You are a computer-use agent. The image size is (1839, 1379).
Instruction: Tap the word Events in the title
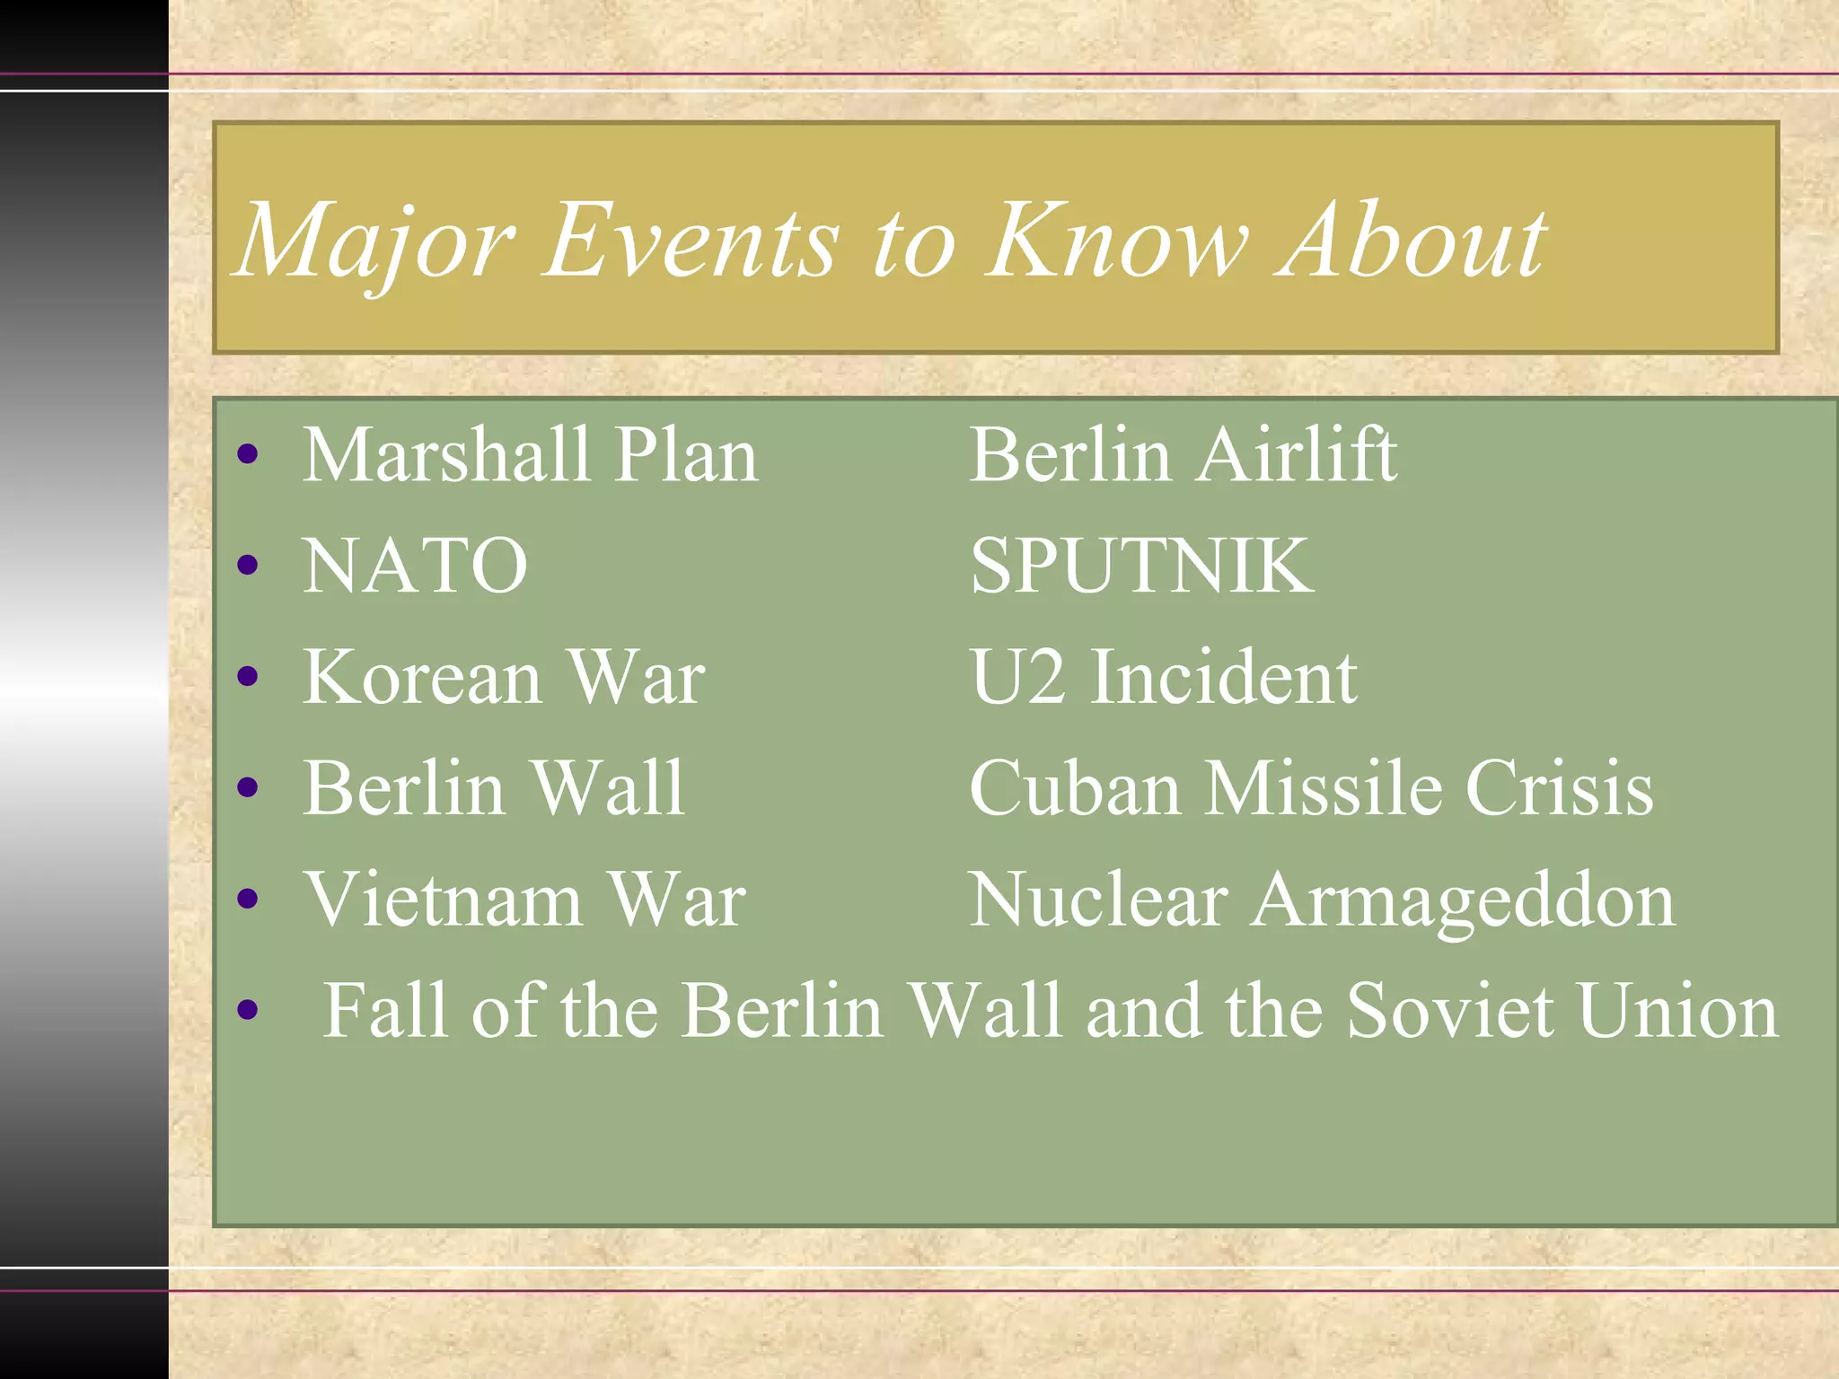pyautogui.click(x=691, y=241)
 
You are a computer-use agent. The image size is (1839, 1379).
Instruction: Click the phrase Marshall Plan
pyautogui.click(x=530, y=455)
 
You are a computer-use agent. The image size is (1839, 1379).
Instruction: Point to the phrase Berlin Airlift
pyautogui.click(x=1183, y=455)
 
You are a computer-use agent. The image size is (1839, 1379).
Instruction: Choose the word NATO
pyautogui.click(x=415, y=566)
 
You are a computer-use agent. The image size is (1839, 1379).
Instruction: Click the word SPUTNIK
pyautogui.click(x=1141, y=566)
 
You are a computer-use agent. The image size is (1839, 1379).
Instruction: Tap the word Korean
pyautogui.click(x=422, y=677)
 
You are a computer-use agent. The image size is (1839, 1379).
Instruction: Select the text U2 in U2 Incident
pyautogui.click(x=1016, y=677)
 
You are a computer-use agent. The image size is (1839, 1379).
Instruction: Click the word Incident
pyautogui.click(x=1223, y=677)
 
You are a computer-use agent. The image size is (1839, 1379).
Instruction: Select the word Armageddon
pyautogui.click(x=1464, y=901)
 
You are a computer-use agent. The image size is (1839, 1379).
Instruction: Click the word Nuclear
pyautogui.click(x=1099, y=900)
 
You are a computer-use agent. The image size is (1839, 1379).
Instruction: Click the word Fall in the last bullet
pyautogui.click(x=385, y=1011)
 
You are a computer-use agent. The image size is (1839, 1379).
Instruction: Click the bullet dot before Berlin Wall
pyautogui.click(x=248, y=788)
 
